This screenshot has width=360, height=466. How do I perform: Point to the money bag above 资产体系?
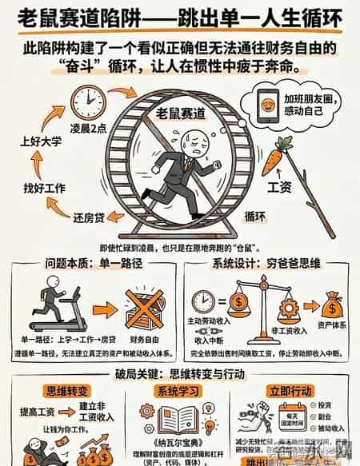pos(334,305)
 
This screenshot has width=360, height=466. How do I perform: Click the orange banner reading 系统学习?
pos(180,392)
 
